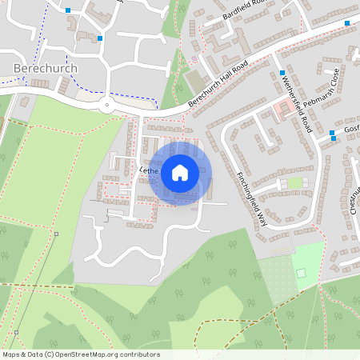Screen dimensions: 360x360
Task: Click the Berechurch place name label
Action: coord(46,69)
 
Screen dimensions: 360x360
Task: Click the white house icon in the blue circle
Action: coord(180,172)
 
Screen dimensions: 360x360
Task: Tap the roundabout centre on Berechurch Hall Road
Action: coord(106,103)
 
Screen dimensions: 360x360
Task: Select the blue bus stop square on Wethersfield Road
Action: coord(282,73)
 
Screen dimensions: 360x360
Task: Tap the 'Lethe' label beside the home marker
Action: coord(149,170)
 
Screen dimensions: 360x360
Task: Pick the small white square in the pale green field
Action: coord(302,274)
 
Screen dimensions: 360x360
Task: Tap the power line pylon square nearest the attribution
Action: coord(14,331)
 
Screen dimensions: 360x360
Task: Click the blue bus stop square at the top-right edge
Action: coord(347,23)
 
